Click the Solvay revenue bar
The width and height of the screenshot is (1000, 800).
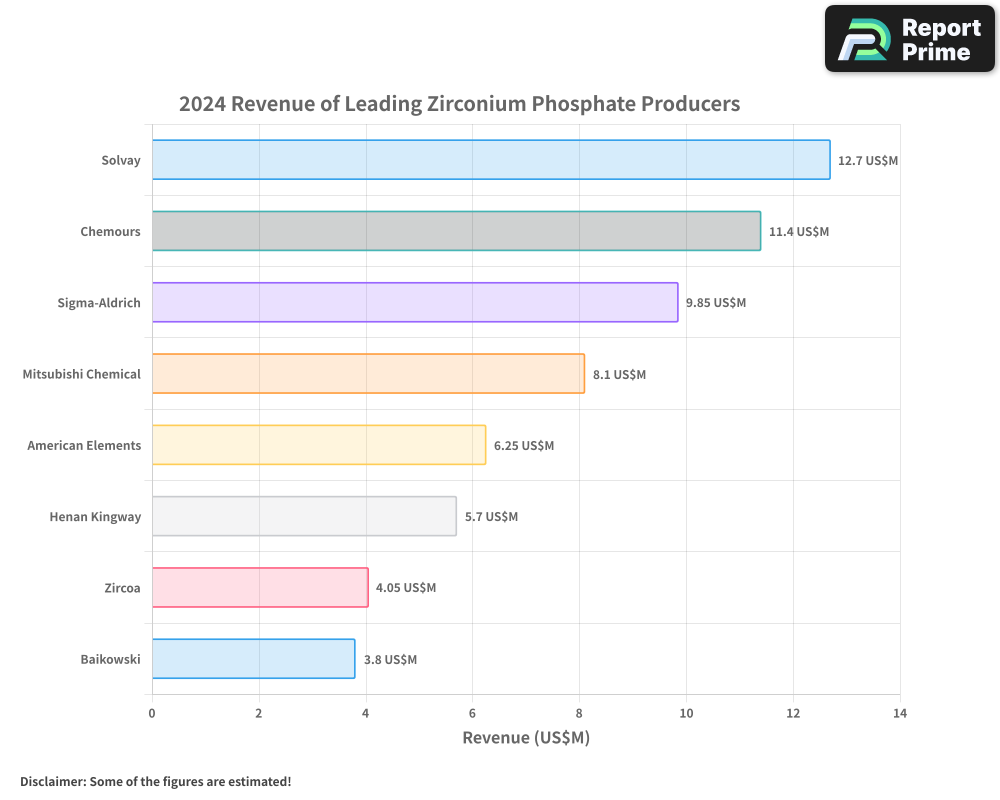[x=491, y=160]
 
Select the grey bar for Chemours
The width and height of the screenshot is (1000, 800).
[x=456, y=231]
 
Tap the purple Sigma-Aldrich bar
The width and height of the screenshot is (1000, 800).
[x=415, y=302]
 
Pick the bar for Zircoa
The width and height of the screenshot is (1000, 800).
[x=260, y=587]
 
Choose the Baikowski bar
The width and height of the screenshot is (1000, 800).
[x=253, y=659]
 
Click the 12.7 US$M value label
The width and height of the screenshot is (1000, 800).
[x=868, y=160]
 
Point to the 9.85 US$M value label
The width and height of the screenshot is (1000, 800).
[x=716, y=302]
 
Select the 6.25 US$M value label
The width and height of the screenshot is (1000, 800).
[x=524, y=445]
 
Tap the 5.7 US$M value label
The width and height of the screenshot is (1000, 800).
[x=491, y=516]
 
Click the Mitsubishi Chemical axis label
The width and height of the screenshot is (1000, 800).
[x=82, y=374]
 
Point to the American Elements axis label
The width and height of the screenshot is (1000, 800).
[x=84, y=445]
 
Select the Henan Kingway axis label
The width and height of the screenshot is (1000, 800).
[x=95, y=516]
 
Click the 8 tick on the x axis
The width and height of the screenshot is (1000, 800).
[x=579, y=713]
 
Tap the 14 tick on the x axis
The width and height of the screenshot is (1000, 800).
[x=900, y=713]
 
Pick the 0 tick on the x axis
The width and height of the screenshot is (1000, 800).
[x=152, y=713]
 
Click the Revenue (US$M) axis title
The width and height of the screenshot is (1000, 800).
[x=526, y=738]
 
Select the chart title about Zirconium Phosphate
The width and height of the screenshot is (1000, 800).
[x=460, y=103]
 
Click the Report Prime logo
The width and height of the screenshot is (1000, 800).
[x=910, y=39]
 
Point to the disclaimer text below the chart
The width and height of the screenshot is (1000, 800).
[x=156, y=781]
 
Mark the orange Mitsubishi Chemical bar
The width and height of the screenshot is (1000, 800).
[x=368, y=374]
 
